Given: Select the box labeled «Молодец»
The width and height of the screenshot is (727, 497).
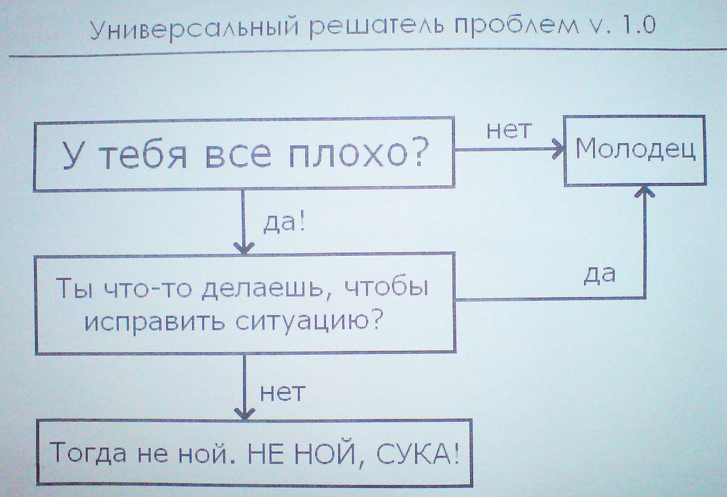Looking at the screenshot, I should coord(635,149).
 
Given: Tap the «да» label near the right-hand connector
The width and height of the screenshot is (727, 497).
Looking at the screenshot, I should coord(600,274).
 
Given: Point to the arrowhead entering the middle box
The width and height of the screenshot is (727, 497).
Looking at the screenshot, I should coord(244,247).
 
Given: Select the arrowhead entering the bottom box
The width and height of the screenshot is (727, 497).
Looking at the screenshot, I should coord(244,414).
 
